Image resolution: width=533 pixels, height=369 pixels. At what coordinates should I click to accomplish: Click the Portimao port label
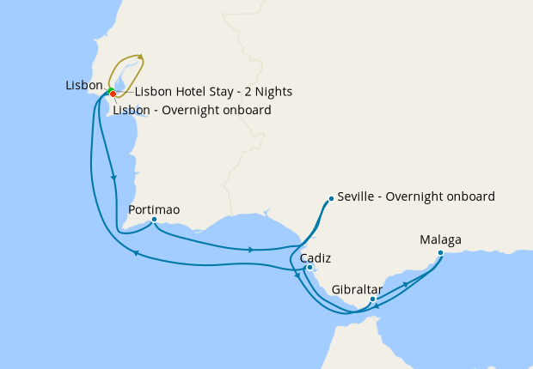coord(154,209)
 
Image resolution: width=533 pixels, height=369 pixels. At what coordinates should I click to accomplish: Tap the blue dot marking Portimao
coord(154,220)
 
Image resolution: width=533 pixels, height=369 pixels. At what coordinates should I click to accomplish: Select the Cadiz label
coord(316,258)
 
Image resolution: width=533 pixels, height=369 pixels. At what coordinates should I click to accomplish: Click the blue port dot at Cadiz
coord(309,268)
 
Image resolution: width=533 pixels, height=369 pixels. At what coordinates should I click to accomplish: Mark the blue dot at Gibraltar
coord(372,299)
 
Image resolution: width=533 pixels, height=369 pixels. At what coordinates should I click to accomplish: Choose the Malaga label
coord(440,240)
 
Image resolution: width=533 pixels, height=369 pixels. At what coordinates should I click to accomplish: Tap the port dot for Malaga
coord(440,252)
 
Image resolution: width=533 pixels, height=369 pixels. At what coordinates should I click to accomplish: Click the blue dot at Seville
coord(331,199)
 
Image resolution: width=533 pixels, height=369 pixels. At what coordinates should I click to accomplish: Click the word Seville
coord(358,197)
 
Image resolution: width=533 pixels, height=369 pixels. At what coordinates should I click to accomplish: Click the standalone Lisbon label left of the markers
coord(84,86)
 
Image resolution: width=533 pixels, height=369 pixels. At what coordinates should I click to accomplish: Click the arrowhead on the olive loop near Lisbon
coord(141,59)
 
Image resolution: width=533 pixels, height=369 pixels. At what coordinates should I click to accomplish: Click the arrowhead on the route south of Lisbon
coord(114,177)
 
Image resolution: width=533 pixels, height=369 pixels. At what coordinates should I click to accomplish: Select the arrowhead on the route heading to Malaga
coord(405,283)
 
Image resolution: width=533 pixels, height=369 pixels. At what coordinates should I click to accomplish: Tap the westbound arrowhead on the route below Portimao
coord(135,252)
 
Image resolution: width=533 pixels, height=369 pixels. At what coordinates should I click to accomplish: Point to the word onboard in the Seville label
coord(469,197)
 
